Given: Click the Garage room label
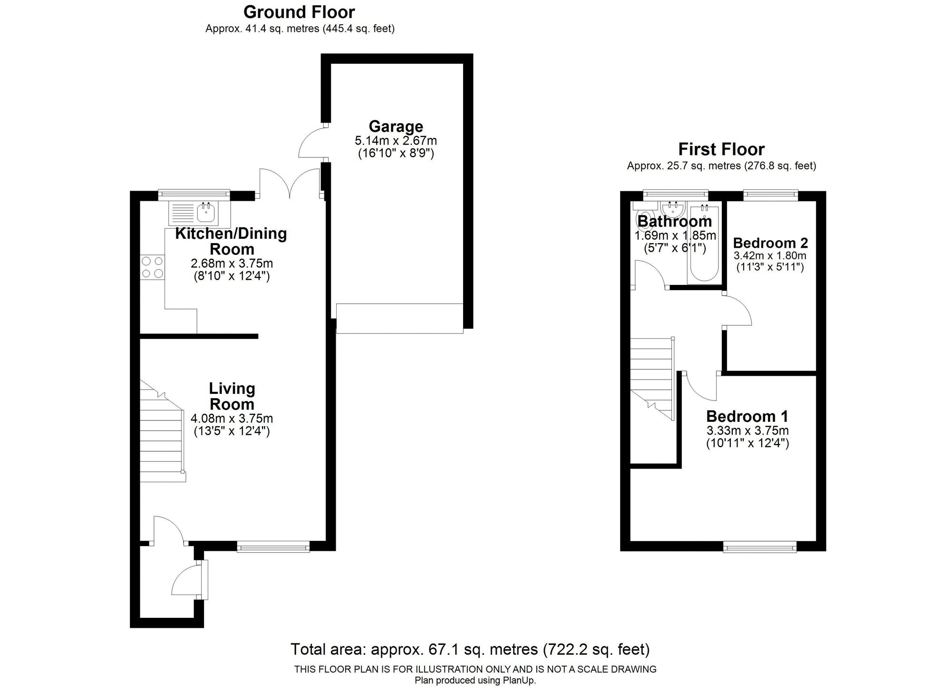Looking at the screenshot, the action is pos(396,127).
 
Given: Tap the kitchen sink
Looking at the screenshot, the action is pos(200,214).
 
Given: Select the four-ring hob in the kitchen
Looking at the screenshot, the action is pos(152,267).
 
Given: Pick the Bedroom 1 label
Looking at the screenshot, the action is pos(747,417).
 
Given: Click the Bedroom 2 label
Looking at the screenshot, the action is pos(770,243).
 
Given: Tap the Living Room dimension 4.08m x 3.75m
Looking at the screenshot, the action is pos(232,419).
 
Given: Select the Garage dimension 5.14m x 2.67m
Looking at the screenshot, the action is pos(396,141).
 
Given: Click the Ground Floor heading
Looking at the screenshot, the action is pos(299,12).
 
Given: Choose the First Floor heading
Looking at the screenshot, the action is pos(721,149).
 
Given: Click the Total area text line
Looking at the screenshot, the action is pos(470,649).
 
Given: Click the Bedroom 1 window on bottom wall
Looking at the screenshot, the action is pos(760,548).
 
